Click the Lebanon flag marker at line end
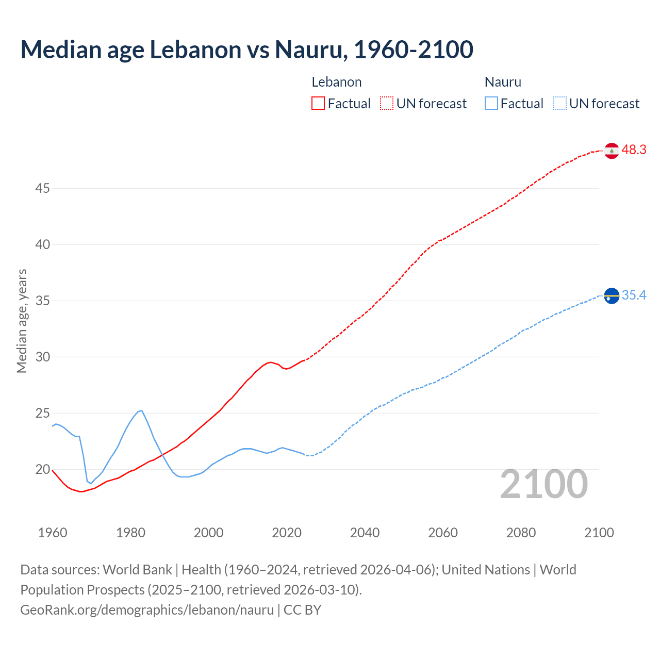[612, 151]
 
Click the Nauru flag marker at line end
[612, 296]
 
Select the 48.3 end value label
[634, 150]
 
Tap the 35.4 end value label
[634, 295]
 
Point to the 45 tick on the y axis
[42, 189]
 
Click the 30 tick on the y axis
[42, 357]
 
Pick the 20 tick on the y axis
[42, 469]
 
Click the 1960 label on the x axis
[53, 533]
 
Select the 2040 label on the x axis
[365, 533]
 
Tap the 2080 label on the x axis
[521, 533]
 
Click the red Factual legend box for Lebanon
[318, 103]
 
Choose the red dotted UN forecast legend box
[387, 103]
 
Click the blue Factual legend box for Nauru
[491, 103]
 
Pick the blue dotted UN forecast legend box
[559, 103]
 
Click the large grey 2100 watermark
[544, 484]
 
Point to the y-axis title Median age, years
[22, 321]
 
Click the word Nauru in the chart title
[308, 49]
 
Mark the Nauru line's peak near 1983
[141, 410]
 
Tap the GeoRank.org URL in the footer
[147, 609]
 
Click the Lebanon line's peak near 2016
[271, 362]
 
